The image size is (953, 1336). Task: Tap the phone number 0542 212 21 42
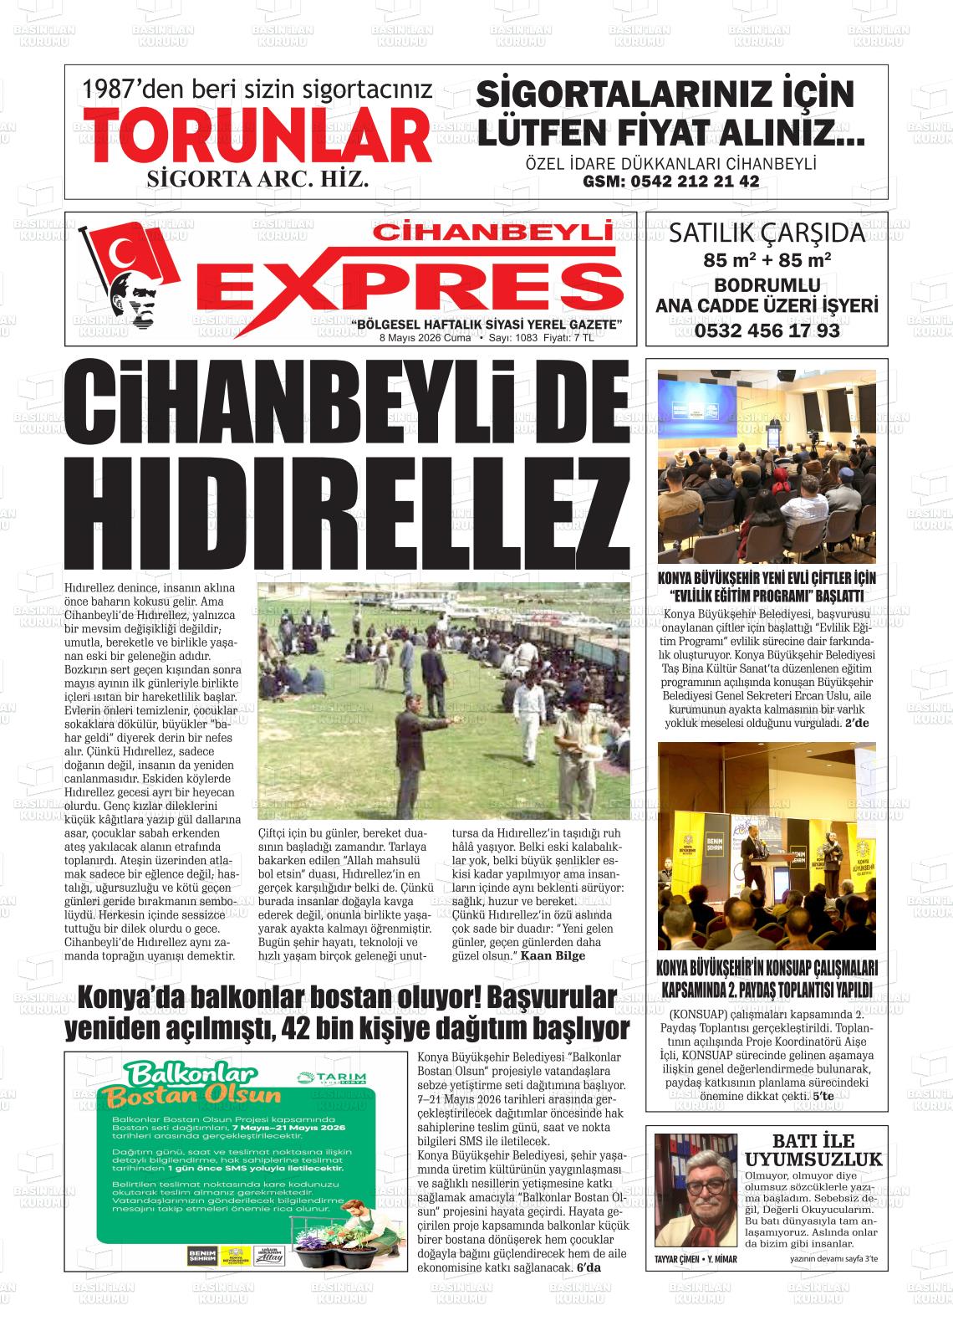pos(670,181)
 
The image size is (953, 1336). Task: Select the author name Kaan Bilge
pos(553,955)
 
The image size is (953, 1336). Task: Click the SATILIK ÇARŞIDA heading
pos(767,232)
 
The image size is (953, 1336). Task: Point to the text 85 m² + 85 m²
pos(767,260)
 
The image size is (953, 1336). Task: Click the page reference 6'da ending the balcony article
pos(589,1267)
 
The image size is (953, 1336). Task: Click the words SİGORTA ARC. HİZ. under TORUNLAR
pos(257,179)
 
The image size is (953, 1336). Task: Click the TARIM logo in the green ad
pos(332,1077)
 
